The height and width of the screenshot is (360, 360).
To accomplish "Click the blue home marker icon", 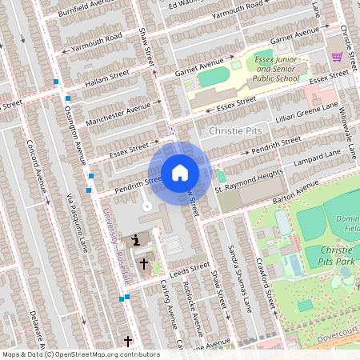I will click(x=180, y=172).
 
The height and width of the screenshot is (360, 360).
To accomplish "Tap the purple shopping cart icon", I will click(x=337, y=57).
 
